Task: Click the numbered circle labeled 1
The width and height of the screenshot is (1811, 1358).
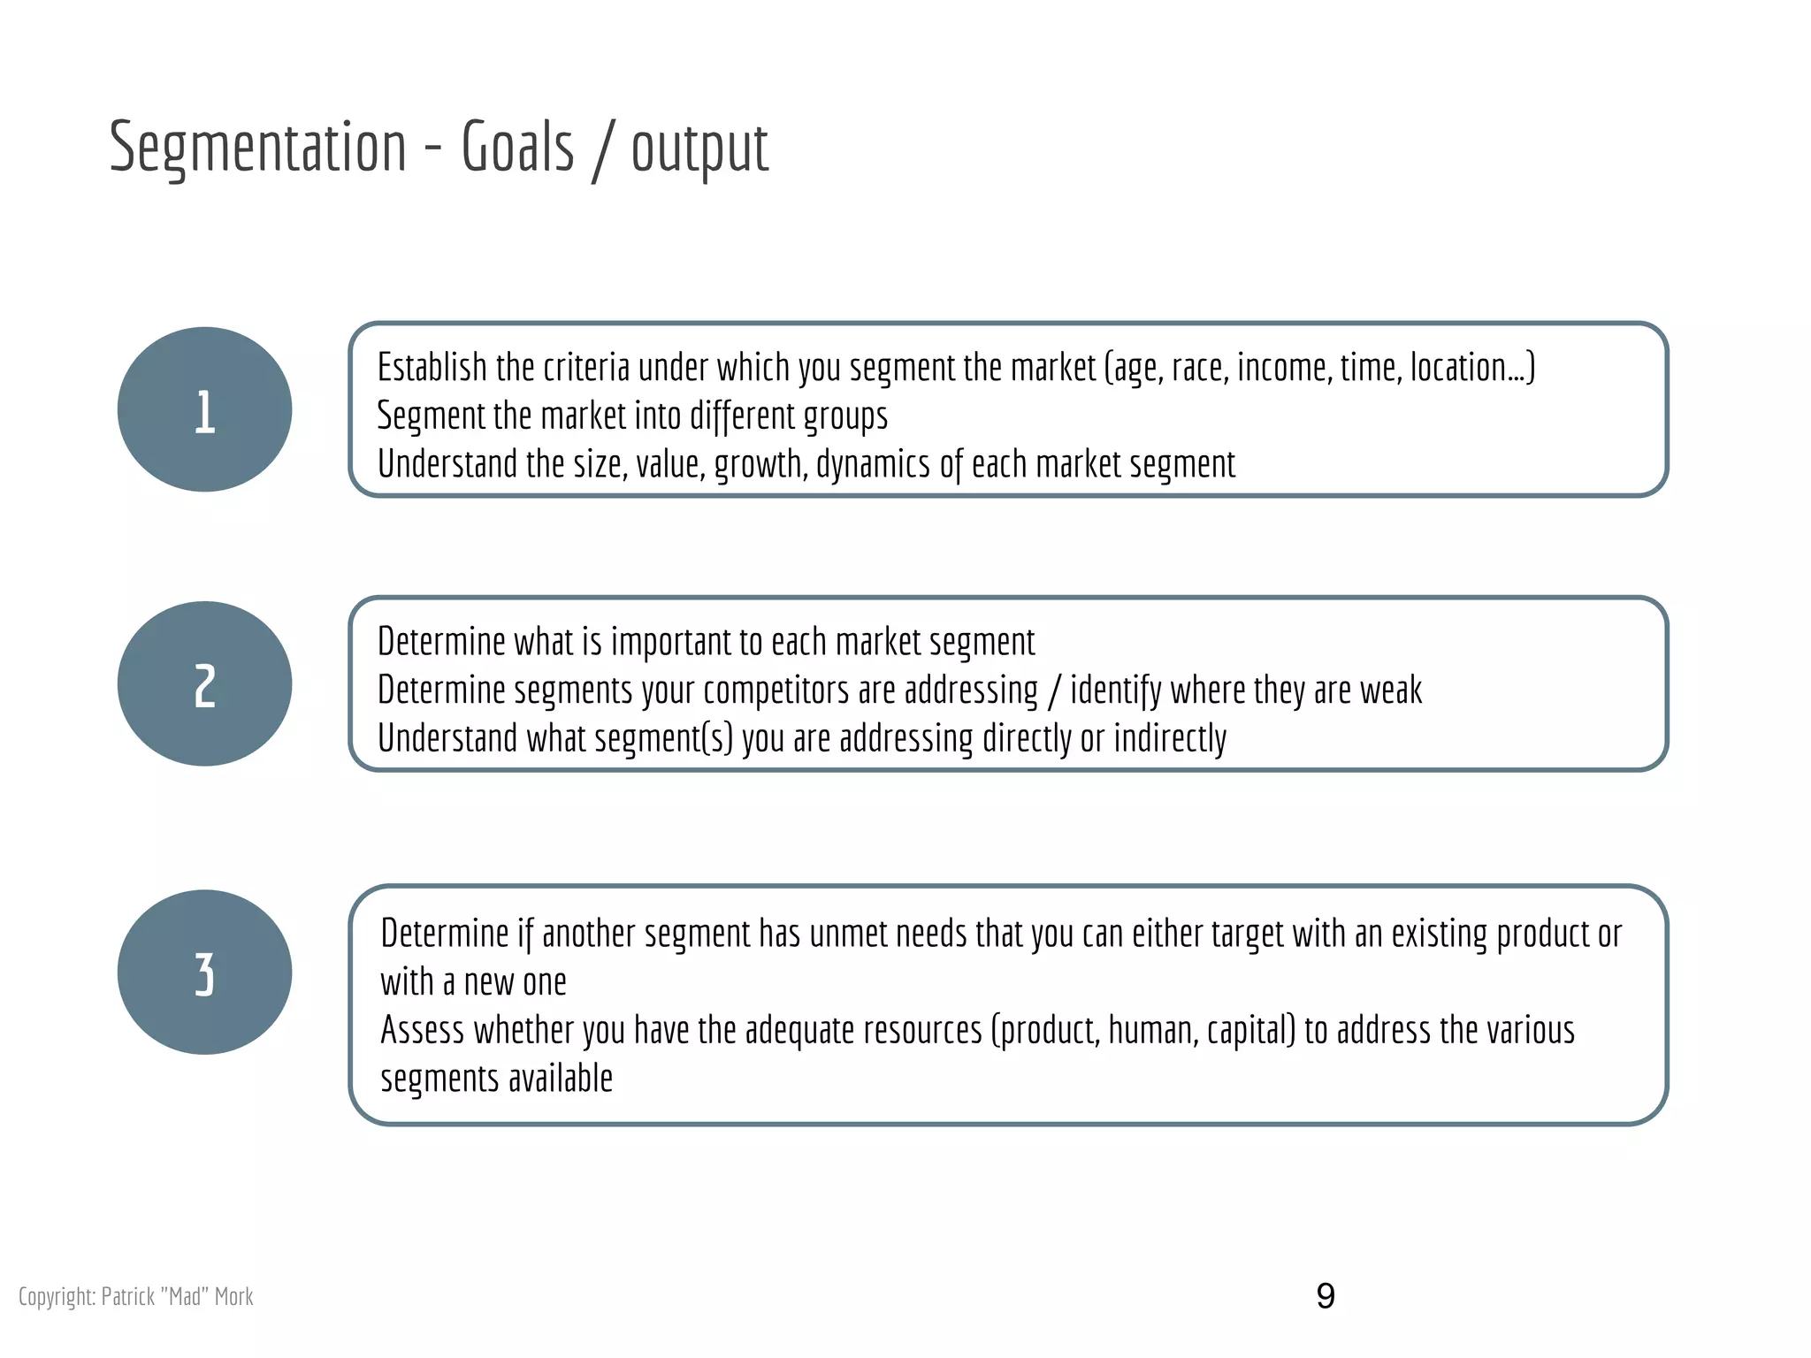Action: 204,409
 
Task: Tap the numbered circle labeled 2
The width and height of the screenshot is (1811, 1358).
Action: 204,683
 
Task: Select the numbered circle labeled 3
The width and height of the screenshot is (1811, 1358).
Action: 204,972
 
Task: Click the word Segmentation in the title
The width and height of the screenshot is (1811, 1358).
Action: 257,148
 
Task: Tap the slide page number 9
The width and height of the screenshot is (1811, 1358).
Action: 1325,1296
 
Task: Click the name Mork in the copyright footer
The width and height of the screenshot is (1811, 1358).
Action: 233,1297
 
